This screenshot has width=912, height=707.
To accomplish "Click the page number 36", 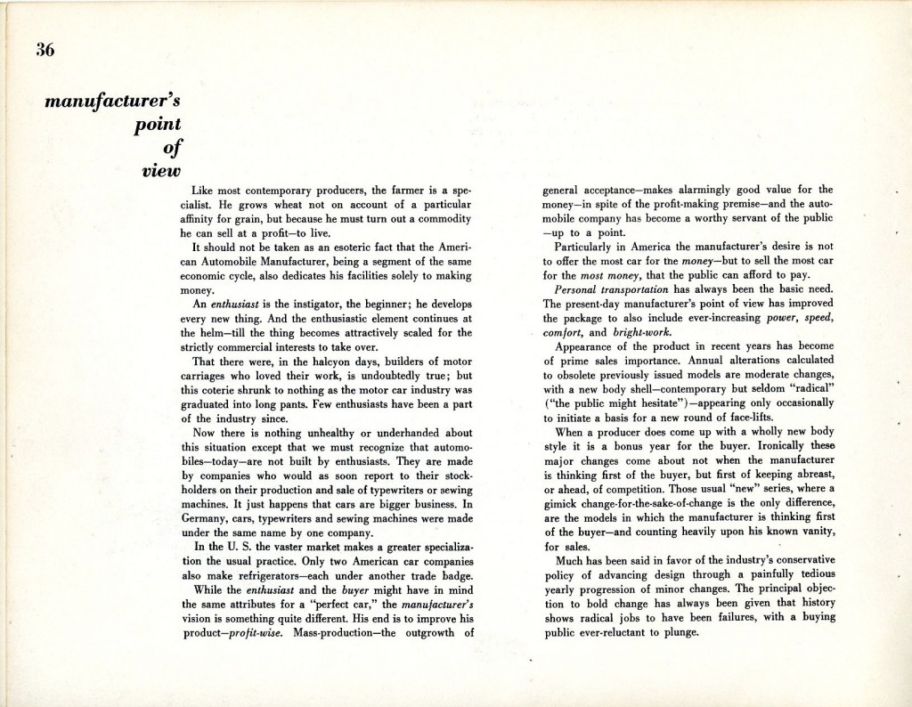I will pyautogui.click(x=45, y=50).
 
